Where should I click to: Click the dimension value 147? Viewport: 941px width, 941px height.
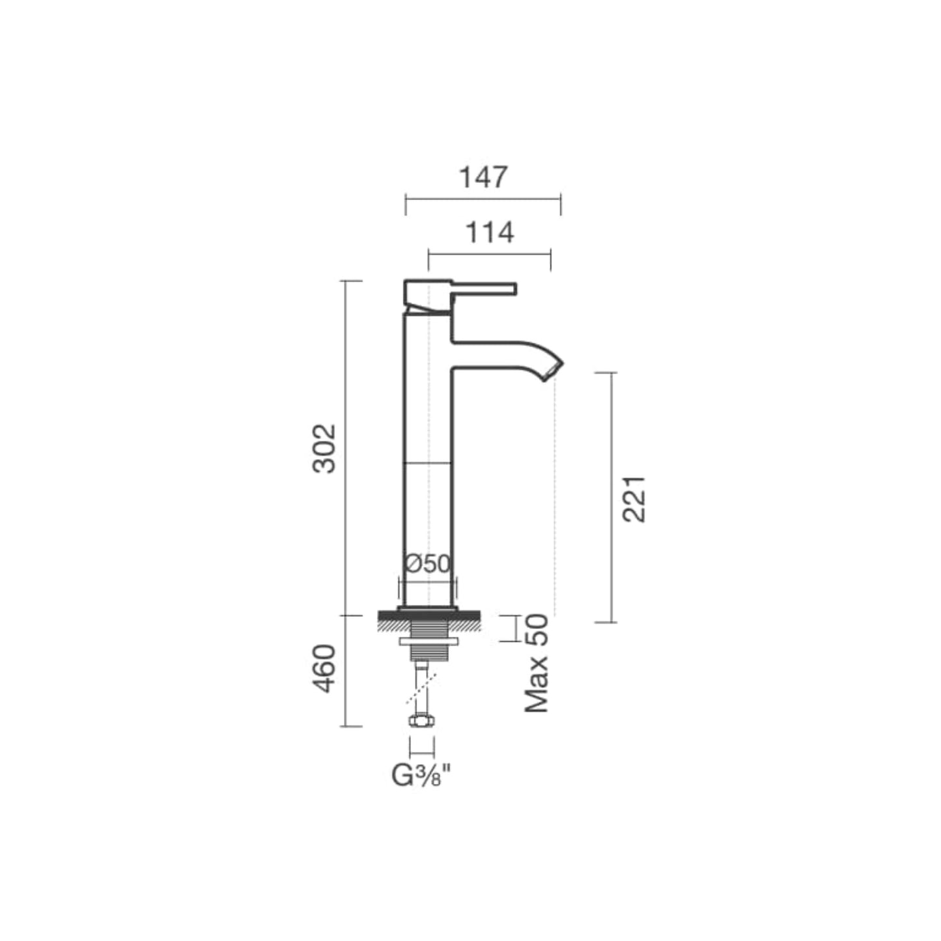(x=483, y=177)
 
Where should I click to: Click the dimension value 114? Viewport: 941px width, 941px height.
(x=489, y=232)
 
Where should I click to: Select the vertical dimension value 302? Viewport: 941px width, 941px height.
(x=324, y=448)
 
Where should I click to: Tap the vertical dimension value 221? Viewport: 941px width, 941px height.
(x=634, y=498)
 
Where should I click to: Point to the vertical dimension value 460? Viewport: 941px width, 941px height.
(x=324, y=669)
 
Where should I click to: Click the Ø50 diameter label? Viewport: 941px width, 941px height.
(x=427, y=563)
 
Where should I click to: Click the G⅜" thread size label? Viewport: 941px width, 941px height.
(x=421, y=776)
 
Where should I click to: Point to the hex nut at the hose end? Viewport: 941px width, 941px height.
(x=421, y=720)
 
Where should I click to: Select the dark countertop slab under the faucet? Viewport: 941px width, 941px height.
(x=428, y=615)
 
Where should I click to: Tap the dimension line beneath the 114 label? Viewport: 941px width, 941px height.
(x=489, y=253)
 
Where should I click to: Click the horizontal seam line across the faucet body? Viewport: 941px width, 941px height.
(x=428, y=462)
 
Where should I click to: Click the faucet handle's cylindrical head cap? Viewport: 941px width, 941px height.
(x=427, y=294)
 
